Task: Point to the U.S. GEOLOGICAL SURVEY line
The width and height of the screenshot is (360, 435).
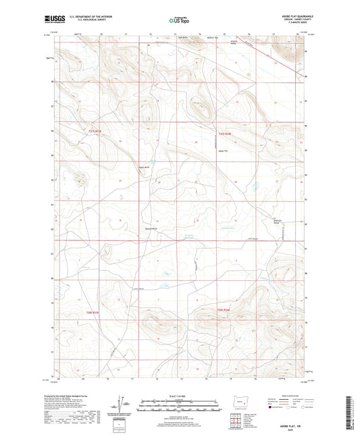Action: pyautogui.click(x=84, y=22)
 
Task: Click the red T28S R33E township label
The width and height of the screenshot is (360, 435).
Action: pyautogui.click(x=93, y=312)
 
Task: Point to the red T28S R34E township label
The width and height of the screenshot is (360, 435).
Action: pyautogui.click(x=224, y=311)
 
